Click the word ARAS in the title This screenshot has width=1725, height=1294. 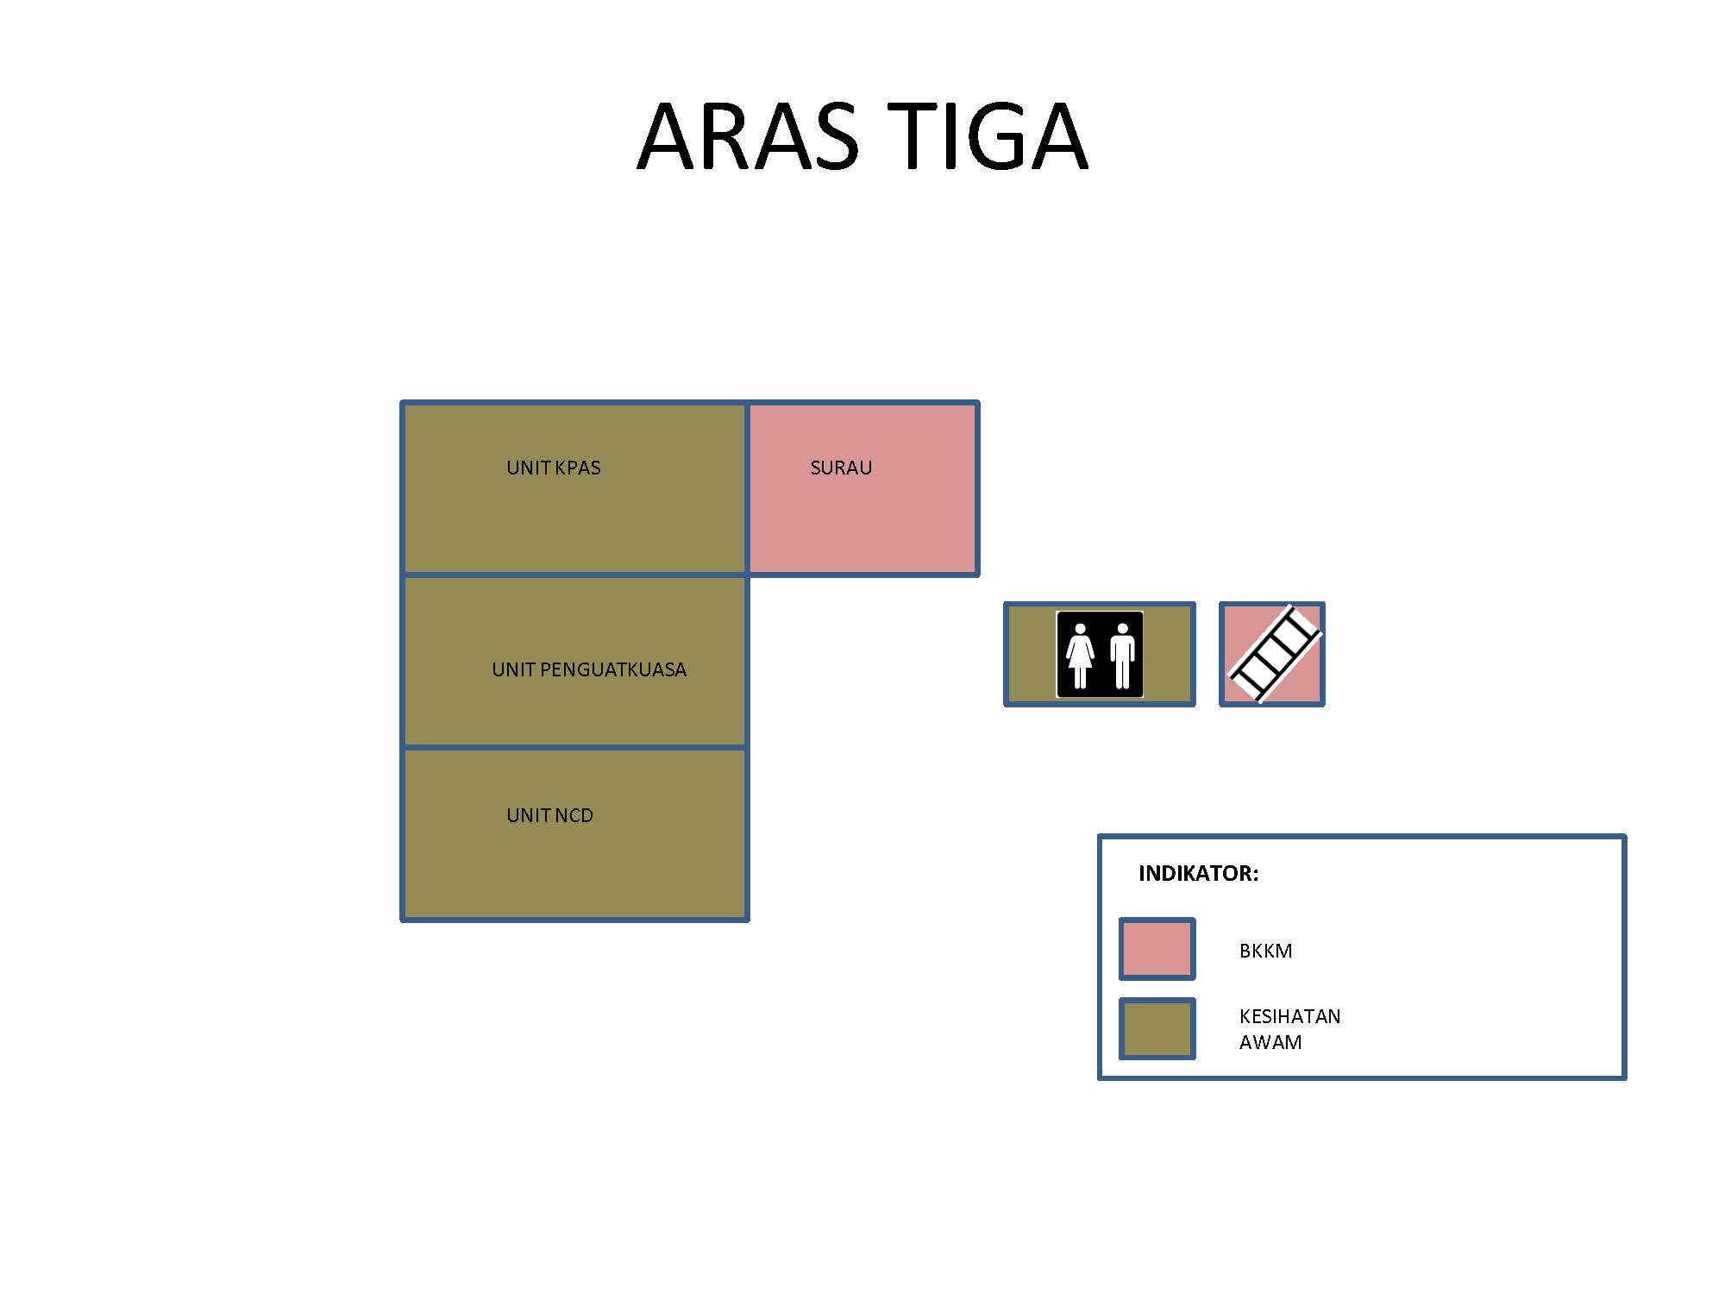coord(748,136)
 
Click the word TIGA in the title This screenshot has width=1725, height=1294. coord(988,136)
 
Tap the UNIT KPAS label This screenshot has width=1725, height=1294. coord(554,468)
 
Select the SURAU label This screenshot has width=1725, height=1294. coord(841,468)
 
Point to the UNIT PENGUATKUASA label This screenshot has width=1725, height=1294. coord(589,669)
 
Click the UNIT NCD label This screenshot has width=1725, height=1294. coord(550,815)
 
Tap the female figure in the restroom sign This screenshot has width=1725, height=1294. coord(1080,656)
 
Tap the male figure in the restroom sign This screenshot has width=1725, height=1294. coord(1122,656)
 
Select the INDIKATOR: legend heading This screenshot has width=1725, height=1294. coord(1199,873)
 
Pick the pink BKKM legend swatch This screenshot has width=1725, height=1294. coord(1157,949)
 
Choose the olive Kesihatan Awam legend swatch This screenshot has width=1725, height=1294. coord(1157,1028)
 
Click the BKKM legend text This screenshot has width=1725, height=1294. coord(1266,951)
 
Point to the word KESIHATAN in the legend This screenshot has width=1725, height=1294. coord(1290,1016)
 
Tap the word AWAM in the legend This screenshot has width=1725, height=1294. coord(1270,1042)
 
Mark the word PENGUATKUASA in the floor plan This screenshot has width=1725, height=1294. coord(613,669)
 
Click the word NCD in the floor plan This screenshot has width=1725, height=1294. coord(574,815)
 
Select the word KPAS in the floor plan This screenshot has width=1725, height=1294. coord(577,468)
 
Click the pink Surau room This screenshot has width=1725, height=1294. coord(862,488)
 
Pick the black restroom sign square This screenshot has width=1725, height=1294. coord(1100,655)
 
